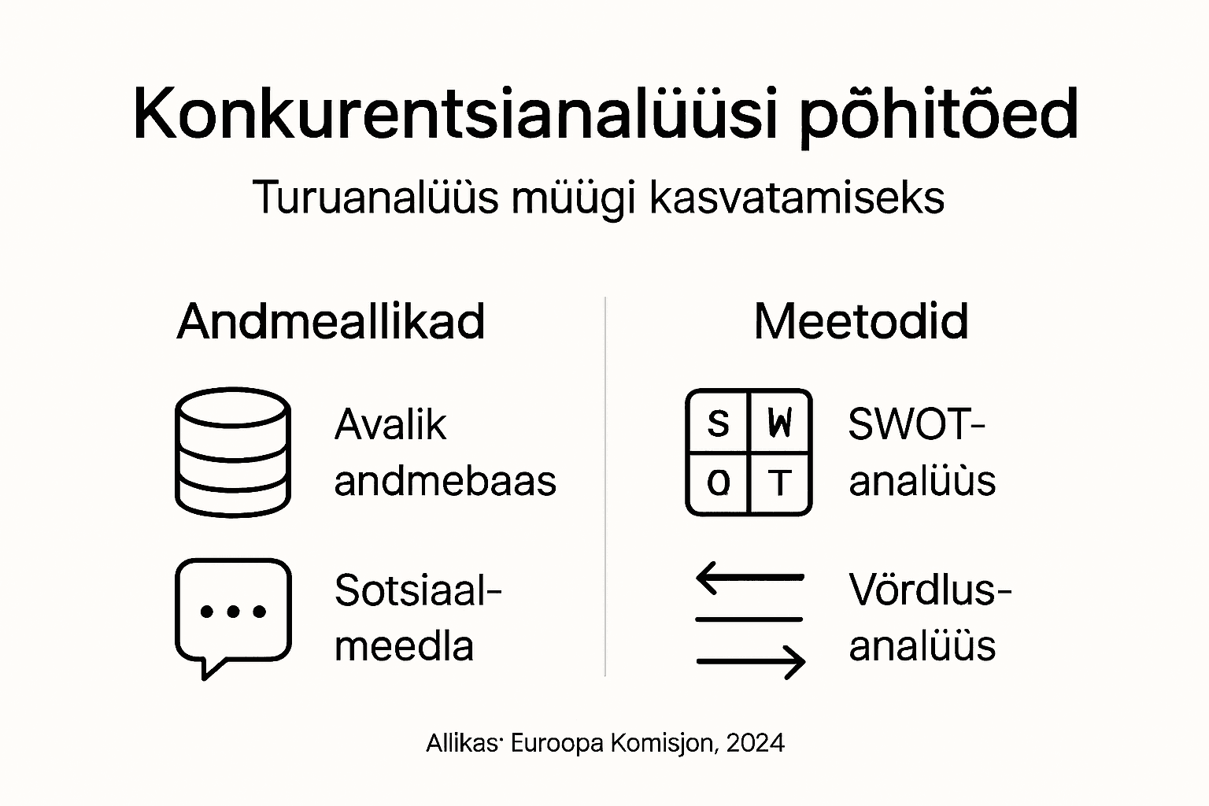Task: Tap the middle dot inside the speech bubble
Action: pyautogui.click(x=232, y=611)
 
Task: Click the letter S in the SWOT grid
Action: pyautogui.click(x=718, y=423)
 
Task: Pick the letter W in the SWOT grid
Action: pyautogui.click(x=779, y=423)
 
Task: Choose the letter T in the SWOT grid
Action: pyautogui.click(x=779, y=482)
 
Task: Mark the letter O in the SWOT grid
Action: pyautogui.click(x=718, y=482)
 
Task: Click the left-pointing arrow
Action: pyautogui.click(x=749, y=578)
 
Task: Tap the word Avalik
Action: pyautogui.click(x=390, y=425)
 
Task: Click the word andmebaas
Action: pyautogui.click(x=445, y=481)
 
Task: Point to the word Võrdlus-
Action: pyautogui.click(x=930, y=590)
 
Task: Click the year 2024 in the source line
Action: pyautogui.click(x=756, y=743)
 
